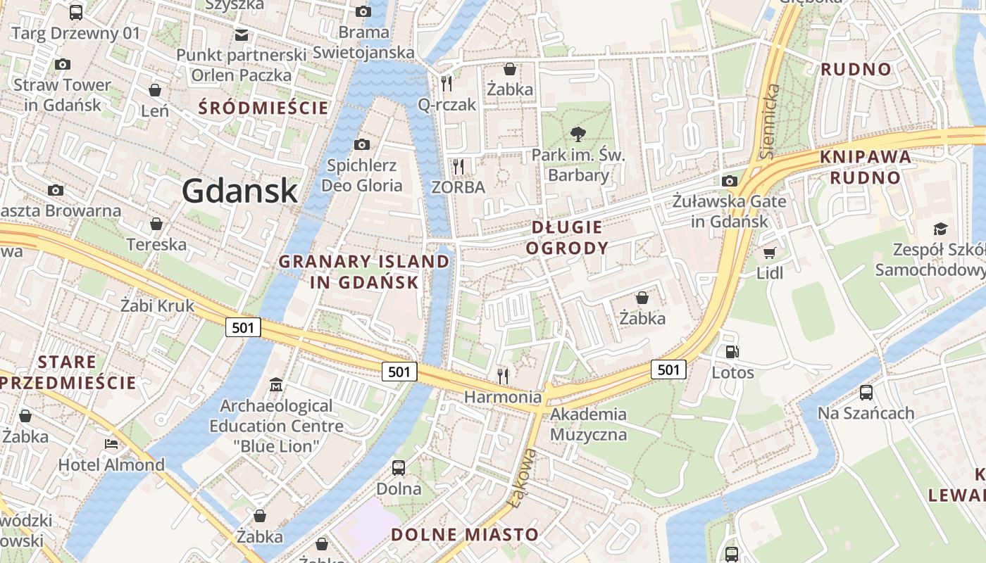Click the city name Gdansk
[239, 191]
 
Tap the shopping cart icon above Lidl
[769, 253]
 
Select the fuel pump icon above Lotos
[732, 351]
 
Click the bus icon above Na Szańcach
[866, 393]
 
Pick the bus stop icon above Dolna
[399, 468]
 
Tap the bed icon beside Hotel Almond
[111, 444]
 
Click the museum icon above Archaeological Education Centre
[276, 385]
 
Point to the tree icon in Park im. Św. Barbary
[578, 133]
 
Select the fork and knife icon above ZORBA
[458, 167]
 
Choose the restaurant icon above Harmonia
[502, 376]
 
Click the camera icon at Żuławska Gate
[730, 182]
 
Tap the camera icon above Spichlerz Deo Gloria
[361, 145]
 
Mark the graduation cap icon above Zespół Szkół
[940, 229]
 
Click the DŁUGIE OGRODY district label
[567, 237]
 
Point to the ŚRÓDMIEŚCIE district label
[263, 108]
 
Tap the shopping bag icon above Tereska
[156, 224]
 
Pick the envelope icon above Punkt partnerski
[242, 34]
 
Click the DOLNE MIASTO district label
[465, 534]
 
